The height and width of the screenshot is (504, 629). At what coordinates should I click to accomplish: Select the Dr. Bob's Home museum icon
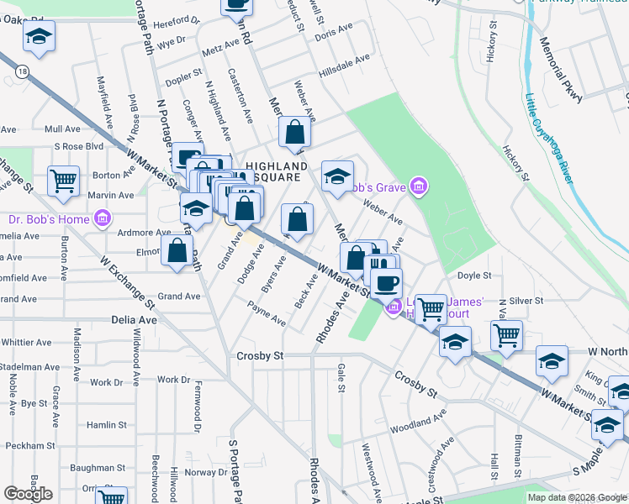[x=103, y=219]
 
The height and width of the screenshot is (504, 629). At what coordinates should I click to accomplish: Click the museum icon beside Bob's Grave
[x=419, y=186]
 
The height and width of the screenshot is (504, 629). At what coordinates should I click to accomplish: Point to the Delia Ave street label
[x=135, y=320]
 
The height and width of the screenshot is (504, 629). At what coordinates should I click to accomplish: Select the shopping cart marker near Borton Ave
[x=63, y=180]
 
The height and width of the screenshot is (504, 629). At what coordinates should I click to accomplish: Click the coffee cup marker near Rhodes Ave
[x=386, y=282]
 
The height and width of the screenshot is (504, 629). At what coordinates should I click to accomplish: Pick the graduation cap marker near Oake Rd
[x=39, y=36]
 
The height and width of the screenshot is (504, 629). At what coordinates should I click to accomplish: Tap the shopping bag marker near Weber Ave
[x=294, y=132]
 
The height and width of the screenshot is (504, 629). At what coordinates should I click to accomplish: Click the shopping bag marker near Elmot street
[x=177, y=249]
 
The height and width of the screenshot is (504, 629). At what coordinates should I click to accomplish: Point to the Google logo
[x=28, y=494]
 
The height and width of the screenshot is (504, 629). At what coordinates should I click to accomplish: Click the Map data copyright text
[x=577, y=497]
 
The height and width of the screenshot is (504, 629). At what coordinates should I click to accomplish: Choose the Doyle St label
[x=474, y=276]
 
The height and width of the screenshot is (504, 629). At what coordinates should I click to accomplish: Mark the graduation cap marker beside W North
[x=552, y=360]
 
